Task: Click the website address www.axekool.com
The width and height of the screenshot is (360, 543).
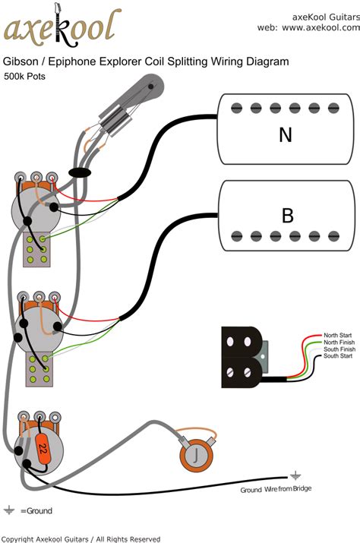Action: click(307, 27)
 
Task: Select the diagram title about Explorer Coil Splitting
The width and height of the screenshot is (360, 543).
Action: click(146, 62)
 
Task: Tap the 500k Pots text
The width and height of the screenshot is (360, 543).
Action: click(24, 76)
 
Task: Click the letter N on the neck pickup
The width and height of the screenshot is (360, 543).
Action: click(286, 135)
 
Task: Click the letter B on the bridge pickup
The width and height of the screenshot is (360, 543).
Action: click(287, 216)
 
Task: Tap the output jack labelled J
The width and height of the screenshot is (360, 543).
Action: click(195, 456)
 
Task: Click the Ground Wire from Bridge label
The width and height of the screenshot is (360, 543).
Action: click(276, 490)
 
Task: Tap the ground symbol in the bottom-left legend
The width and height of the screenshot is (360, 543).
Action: click(10, 510)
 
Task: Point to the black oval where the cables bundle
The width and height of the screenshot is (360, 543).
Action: click(80, 172)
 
